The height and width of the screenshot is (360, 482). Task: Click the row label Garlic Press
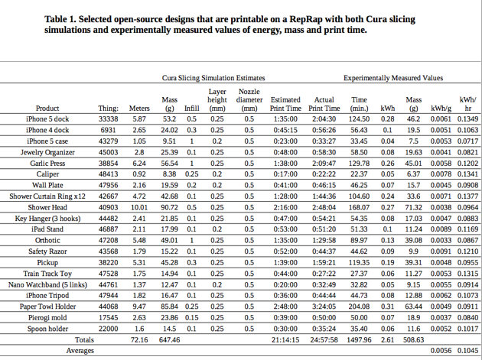coord(47,164)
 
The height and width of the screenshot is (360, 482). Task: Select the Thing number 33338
coord(108,119)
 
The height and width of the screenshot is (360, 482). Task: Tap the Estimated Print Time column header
coord(285,104)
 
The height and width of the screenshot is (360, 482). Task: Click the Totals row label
coord(84,339)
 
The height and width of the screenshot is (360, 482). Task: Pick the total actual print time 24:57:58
coord(324,339)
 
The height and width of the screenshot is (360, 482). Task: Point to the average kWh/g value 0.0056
coord(441,351)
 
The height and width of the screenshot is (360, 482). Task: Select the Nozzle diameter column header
coord(249,100)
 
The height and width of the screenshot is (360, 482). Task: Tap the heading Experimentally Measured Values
coord(393,78)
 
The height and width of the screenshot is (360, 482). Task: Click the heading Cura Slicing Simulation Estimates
coord(213,78)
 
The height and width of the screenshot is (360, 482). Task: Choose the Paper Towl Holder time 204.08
coord(359,306)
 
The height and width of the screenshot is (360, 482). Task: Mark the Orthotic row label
coord(47,241)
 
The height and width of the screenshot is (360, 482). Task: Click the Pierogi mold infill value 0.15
coord(191,318)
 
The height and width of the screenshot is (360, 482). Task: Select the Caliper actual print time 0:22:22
coord(324,174)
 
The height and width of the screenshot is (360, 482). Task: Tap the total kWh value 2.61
coord(387,339)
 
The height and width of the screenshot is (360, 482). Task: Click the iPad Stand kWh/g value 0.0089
coord(441,229)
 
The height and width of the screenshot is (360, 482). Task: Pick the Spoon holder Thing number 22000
coord(108,329)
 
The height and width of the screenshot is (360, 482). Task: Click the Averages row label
coord(80,351)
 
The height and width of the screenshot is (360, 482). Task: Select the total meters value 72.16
coord(139,339)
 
